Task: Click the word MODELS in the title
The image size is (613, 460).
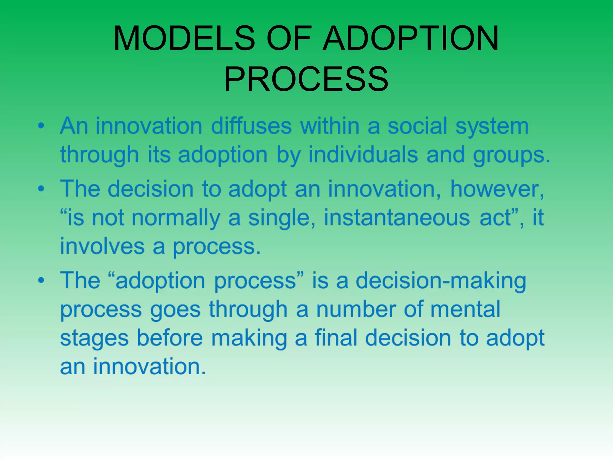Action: click(x=184, y=38)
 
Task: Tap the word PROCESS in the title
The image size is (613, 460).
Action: click(x=306, y=79)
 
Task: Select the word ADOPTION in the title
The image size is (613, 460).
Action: click(x=411, y=38)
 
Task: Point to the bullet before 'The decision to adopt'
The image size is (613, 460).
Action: click(x=41, y=189)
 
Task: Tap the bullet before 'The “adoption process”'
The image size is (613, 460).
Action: click(x=41, y=280)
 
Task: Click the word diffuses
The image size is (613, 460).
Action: click(x=251, y=126)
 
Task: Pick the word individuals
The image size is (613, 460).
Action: click(x=363, y=155)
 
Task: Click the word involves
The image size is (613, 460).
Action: click(x=102, y=246)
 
